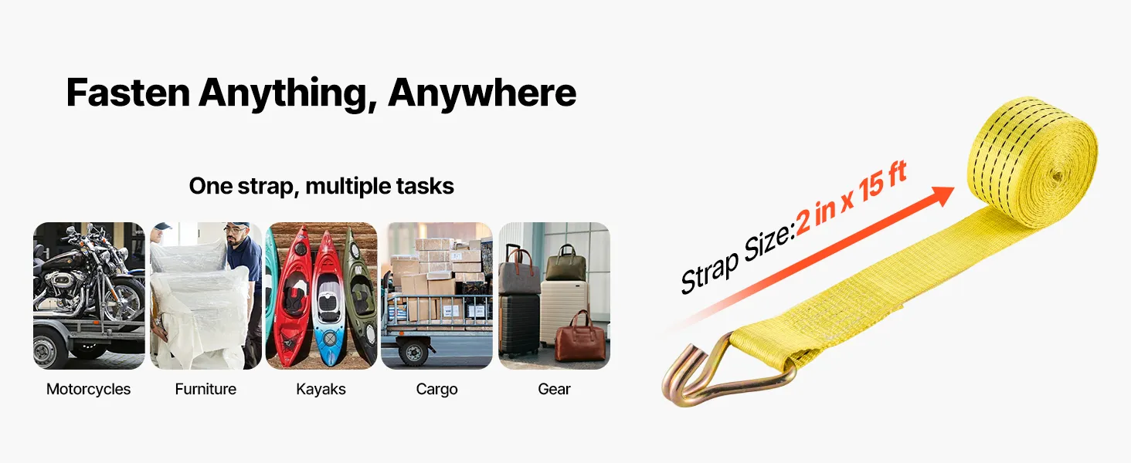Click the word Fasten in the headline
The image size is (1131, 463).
pyautogui.click(x=128, y=93)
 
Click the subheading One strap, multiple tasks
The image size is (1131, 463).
pyautogui.click(x=321, y=186)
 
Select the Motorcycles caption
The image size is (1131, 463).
pyautogui.click(x=88, y=390)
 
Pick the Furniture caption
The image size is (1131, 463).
pyautogui.click(x=205, y=389)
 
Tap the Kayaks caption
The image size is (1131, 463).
pyautogui.click(x=321, y=390)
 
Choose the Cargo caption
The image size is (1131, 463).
pyautogui.click(x=436, y=390)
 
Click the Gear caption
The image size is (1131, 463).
pyautogui.click(x=554, y=389)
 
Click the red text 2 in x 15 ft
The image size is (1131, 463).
pyautogui.click(x=851, y=198)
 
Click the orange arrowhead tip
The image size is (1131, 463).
pyautogui.click(x=954, y=188)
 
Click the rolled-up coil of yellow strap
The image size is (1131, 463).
pyautogui.click(x=1032, y=162)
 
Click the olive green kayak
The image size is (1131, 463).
pyautogui.click(x=359, y=298)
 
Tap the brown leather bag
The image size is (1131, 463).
pyautogui.click(x=580, y=338)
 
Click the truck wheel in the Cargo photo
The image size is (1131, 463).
pyautogui.click(x=414, y=351)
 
